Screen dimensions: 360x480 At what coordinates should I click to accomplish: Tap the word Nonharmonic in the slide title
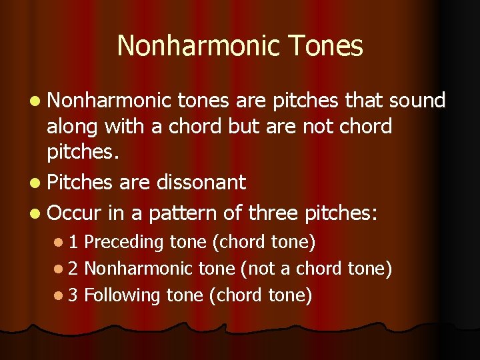coord(197,46)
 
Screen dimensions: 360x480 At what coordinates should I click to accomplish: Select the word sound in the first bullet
coord(418,101)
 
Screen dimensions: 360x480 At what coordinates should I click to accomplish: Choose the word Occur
coord(73,213)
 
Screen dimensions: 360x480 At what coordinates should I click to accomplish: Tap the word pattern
coord(182,213)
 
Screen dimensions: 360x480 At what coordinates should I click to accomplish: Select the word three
coord(273,213)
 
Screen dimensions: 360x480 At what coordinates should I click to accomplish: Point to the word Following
coord(121,295)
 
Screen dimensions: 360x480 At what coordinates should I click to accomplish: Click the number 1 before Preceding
coord(74,241)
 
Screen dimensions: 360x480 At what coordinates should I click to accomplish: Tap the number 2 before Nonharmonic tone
coord(74,268)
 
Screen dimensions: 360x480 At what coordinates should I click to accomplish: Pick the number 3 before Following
coord(74,295)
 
